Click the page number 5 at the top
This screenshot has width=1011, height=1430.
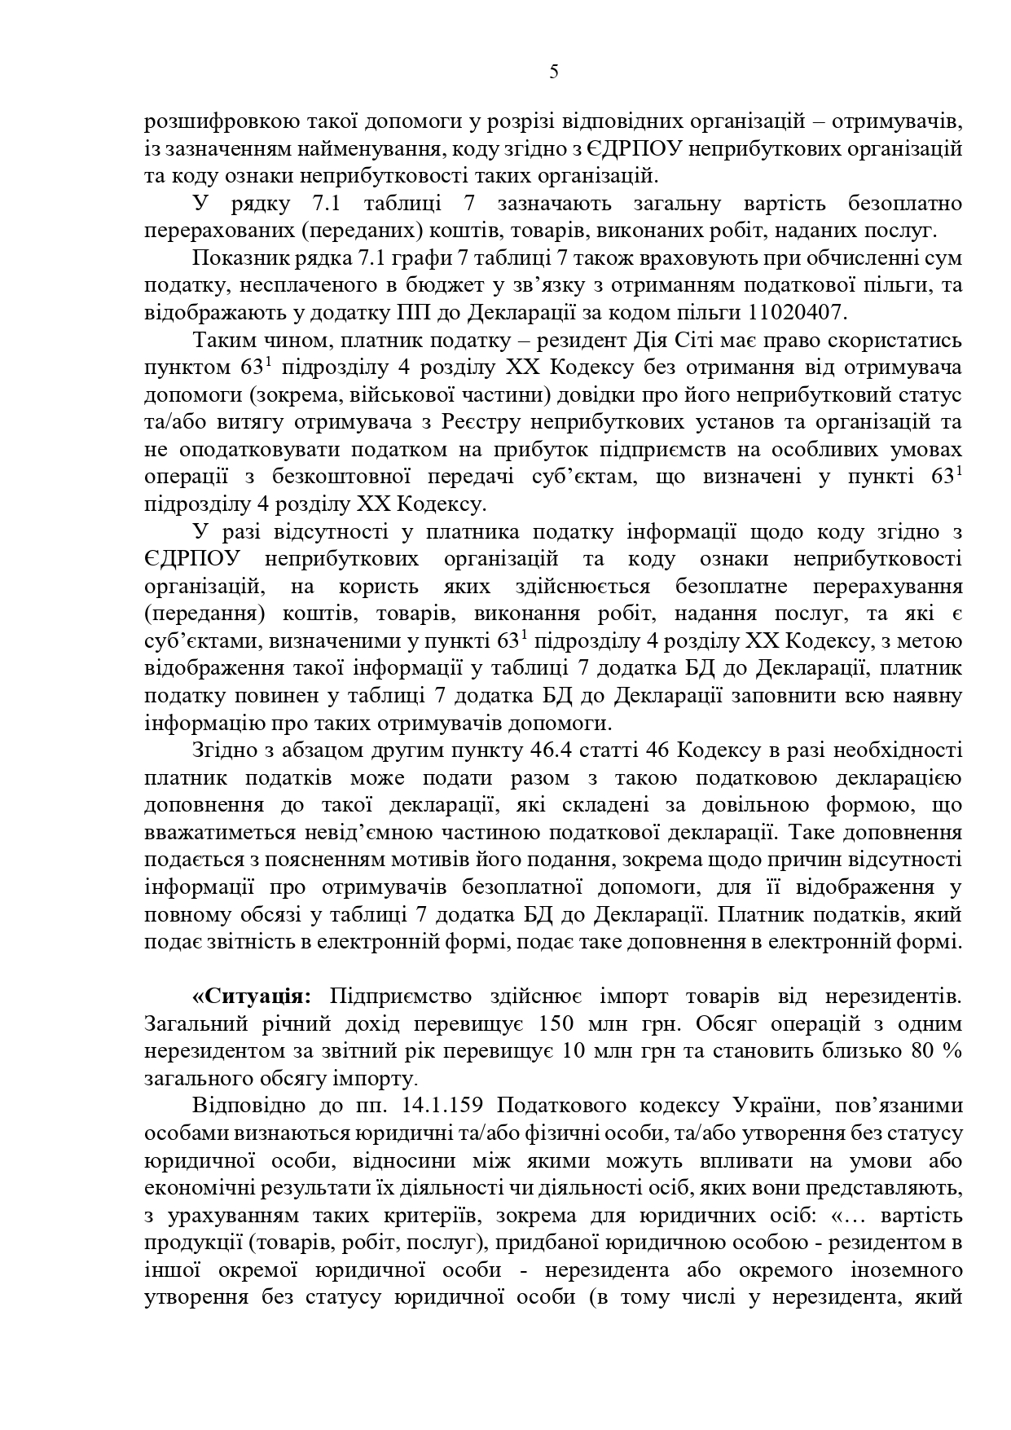click(554, 72)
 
